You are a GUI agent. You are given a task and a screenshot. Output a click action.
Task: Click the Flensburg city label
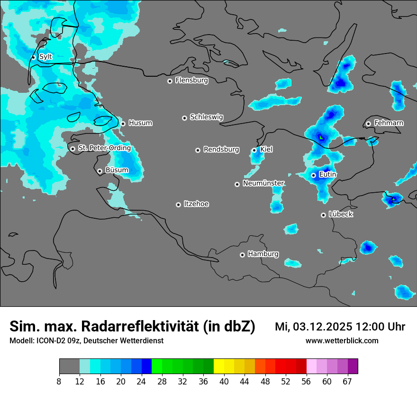tap(191, 80)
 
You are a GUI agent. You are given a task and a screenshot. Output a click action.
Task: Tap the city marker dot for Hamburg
tap(242, 255)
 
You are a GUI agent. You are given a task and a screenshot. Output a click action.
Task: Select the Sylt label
tap(45, 57)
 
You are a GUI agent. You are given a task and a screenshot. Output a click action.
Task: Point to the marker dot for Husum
tap(123, 124)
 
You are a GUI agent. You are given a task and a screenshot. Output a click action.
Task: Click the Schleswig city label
tap(206, 117)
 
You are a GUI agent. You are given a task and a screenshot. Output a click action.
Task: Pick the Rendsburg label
tap(221, 150)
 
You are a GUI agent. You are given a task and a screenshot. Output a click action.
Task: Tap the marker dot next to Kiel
tap(254, 150)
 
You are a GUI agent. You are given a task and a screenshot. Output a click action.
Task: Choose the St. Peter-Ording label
tap(104, 148)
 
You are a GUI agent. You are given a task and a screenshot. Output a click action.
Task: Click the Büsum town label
tap(117, 170)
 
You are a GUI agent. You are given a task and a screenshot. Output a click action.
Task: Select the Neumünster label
tap(263, 183)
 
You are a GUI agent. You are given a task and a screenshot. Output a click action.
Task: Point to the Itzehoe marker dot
tap(178, 205)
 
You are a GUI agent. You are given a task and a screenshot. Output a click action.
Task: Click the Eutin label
tap(327, 175)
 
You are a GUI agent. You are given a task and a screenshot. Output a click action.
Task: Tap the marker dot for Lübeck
tap(323, 215)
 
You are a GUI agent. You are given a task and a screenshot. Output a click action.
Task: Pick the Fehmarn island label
tap(389, 123)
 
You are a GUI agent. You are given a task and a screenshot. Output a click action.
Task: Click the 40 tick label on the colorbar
tap(224, 382)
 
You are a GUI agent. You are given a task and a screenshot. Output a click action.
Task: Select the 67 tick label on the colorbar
tap(347, 382)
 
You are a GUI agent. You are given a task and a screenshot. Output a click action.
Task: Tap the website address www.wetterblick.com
tap(342, 340)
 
